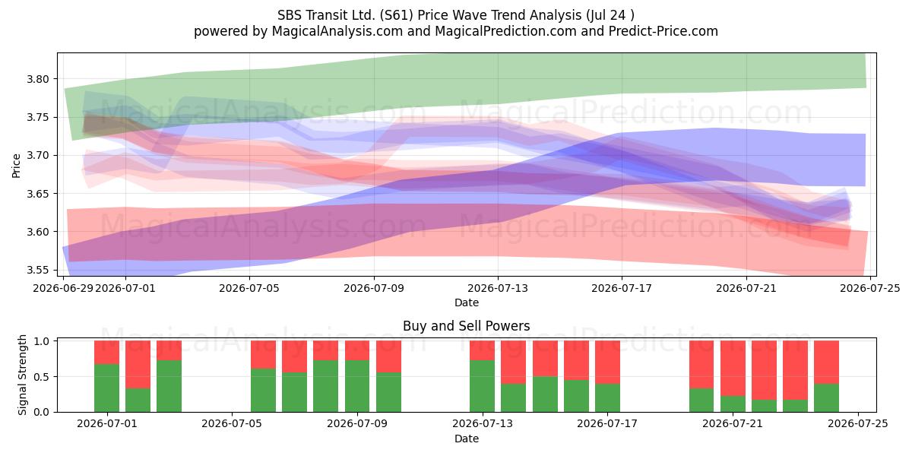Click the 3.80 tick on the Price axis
37,79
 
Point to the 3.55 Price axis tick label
37,270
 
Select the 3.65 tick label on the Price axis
37,194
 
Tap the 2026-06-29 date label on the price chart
63,288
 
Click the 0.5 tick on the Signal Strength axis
41,377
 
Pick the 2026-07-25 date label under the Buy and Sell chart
858,424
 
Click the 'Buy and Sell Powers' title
466,326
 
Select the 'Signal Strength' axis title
22,375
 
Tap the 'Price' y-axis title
16,166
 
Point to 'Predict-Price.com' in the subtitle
663,31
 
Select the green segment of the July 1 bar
106,388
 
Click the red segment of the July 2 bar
138,364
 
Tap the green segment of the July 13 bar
482,386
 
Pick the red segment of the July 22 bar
764,370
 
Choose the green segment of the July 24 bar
827,397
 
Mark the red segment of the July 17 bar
607,363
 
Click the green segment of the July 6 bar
263,391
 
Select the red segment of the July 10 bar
388,356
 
